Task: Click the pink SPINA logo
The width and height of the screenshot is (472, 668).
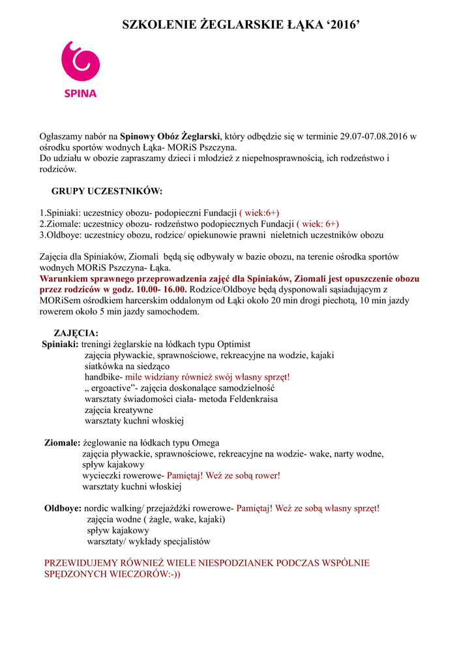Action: (x=80, y=69)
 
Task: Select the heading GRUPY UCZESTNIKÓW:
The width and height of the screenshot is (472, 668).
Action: (x=107, y=191)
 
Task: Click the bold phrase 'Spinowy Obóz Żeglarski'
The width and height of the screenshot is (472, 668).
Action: (x=171, y=136)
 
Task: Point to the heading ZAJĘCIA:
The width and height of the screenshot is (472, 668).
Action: (x=76, y=333)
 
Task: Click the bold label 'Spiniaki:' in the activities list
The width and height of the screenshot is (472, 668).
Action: (x=61, y=344)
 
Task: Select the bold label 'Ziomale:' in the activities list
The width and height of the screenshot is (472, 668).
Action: (x=62, y=442)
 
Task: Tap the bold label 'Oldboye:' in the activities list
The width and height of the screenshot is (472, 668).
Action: (x=63, y=508)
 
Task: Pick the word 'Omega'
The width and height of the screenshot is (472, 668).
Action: (x=205, y=442)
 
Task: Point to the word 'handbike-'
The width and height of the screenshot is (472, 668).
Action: (x=103, y=377)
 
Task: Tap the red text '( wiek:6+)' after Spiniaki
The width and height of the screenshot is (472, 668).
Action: (x=259, y=213)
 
